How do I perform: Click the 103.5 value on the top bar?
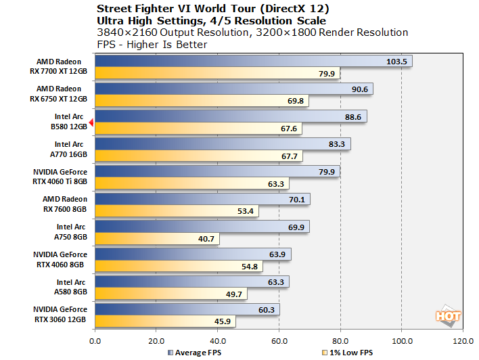point(399,62)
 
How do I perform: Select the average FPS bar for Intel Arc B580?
point(230,116)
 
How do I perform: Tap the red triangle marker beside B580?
point(92,116)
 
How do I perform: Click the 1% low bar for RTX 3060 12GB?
point(165,322)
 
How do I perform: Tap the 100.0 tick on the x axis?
point(402,340)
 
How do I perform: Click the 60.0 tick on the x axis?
point(279,340)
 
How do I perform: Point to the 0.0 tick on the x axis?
point(95,340)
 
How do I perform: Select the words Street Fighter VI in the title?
point(139,9)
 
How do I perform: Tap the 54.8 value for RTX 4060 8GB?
point(269,267)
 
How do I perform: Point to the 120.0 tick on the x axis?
point(463,340)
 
